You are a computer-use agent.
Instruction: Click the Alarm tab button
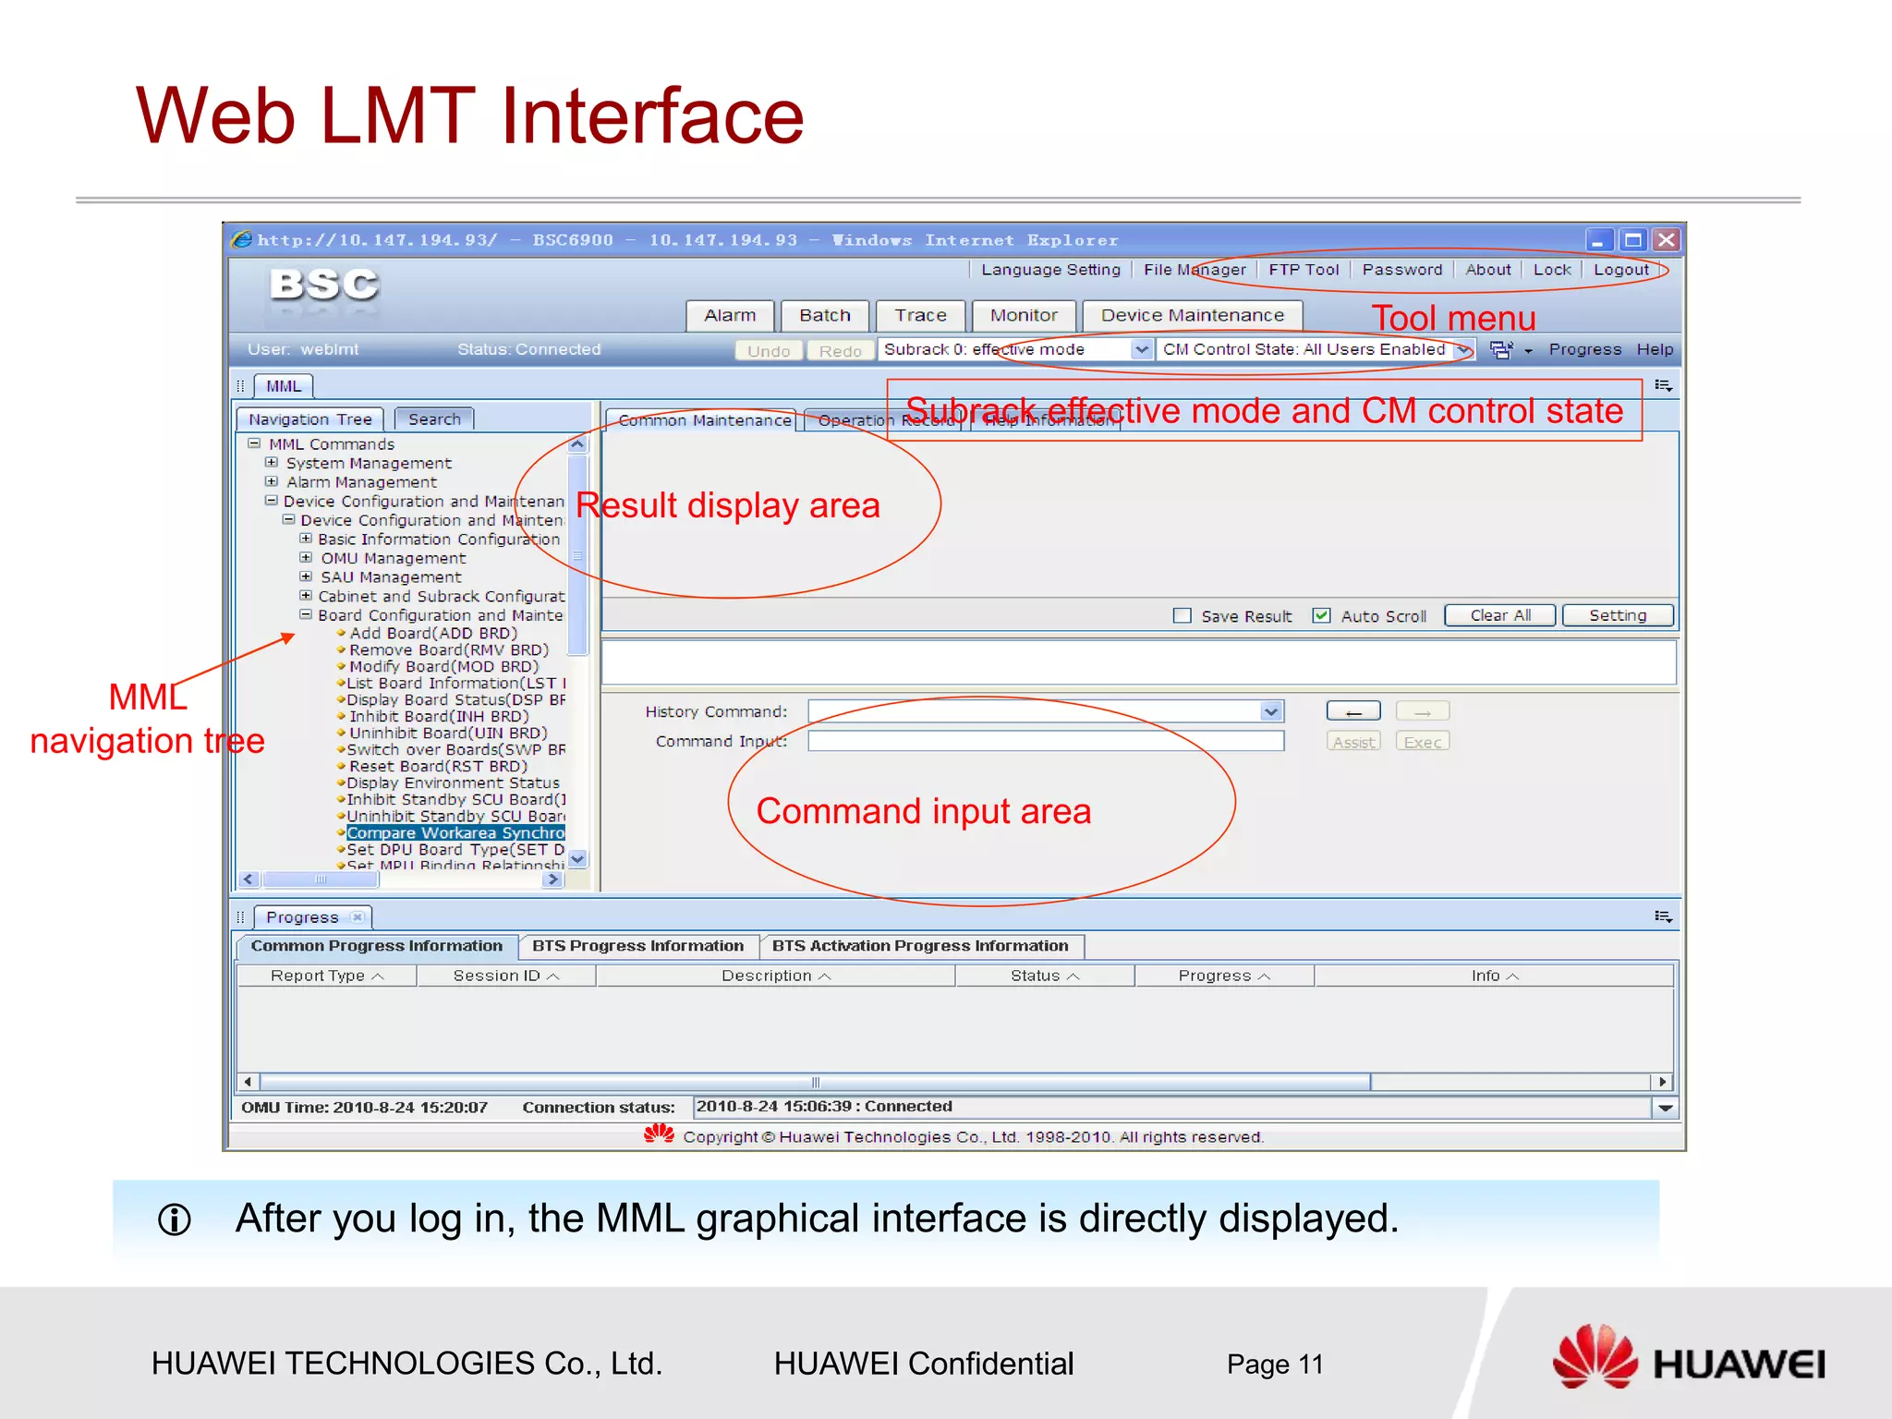pyautogui.click(x=730, y=316)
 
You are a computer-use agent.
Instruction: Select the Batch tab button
pyautogui.click(x=824, y=316)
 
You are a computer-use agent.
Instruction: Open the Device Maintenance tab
pyautogui.click(x=1192, y=316)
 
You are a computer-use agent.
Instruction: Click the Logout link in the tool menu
pyautogui.click(x=1620, y=270)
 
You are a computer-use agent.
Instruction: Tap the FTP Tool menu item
pyautogui.click(x=1303, y=270)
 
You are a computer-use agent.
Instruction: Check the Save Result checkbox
pyautogui.click(x=1182, y=616)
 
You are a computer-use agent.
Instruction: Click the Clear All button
pyautogui.click(x=1499, y=616)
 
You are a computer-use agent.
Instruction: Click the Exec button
pyautogui.click(x=1422, y=742)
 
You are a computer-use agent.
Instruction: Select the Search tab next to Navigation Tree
pyautogui.click(x=434, y=419)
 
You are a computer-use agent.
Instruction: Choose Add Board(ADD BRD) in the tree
pyautogui.click(x=432, y=634)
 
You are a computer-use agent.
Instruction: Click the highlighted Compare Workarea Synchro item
pyautogui.click(x=455, y=833)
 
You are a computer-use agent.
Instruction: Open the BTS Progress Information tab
pyautogui.click(x=637, y=946)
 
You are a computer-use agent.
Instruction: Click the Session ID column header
pyautogui.click(x=505, y=976)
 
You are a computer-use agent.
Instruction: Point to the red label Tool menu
pyautogui.click(x=1453, y=319)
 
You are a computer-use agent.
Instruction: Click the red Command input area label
pyautogui.click(x=923, y=811)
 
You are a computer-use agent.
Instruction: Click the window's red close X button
pyautogui.click(x=1666, y=240)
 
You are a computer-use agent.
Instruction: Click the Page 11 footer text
pyautogui.click(x=1274, y=1364)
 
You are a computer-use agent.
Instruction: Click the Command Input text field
pyautogui.click(x=1045, y=741)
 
